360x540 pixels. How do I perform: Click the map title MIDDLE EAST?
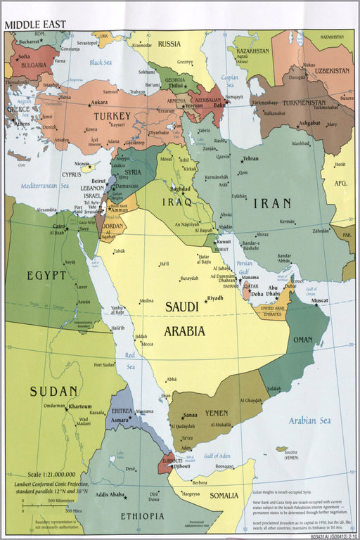(x=35, y=25)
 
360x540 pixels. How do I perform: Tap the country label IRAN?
(x=271, y=203)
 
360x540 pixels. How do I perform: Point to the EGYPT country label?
(x=47, y=275)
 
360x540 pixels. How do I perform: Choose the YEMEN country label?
(x=216, y=413)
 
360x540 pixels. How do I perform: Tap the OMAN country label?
(x=302, y=340)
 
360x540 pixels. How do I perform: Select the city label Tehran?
(x=250, y=159)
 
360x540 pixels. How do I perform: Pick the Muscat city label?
(x=320, y=301)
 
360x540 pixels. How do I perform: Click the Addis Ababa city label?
(x=110, y=495)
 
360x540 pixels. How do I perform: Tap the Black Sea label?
(x=101, y=63)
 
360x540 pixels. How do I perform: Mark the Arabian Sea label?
(x=309, y=420)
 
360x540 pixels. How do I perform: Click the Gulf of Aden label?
(x=218, y=456)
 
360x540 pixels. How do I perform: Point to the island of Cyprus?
(x=87, y=168)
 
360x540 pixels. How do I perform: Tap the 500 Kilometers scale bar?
(x=42, y=503)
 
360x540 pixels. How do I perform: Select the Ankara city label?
(x=99, y=102)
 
